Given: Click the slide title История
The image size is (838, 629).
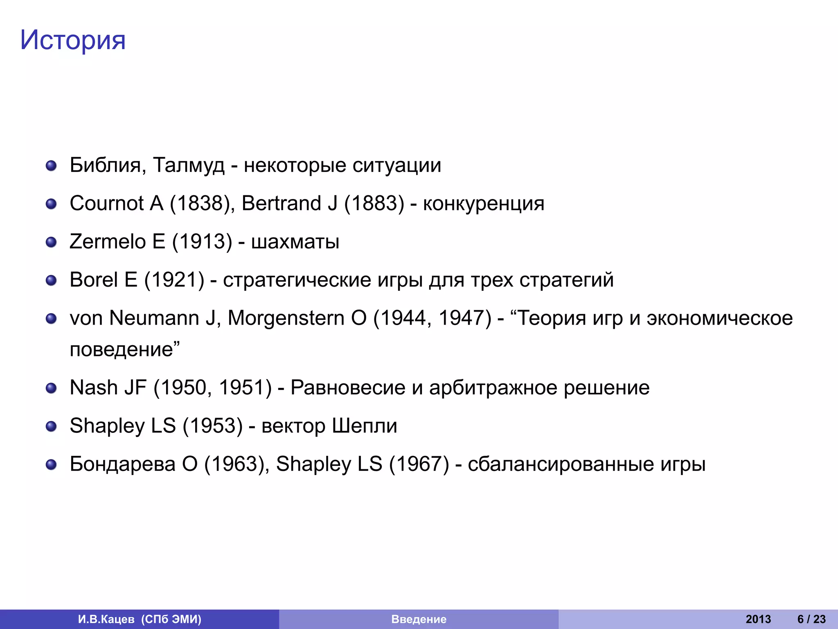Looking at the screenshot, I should (x=73, y=40).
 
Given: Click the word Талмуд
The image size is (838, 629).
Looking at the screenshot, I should (x=189, y=165).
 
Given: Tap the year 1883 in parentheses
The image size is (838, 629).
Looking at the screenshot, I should (x=374, y=203).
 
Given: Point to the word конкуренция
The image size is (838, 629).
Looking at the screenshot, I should (x=484, y=203).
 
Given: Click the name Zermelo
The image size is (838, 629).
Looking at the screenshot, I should (x=108, y=241).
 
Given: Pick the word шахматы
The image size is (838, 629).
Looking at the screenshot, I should (x=295, y=241).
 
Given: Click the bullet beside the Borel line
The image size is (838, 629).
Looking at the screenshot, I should (x=51, y=281).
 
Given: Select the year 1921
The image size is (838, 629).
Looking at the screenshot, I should (x=174, y=280).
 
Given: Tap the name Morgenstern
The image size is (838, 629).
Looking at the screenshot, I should (x=286, y=318).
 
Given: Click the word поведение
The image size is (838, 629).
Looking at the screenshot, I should (x=122, y=349).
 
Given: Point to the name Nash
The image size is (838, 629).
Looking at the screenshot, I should (x=94, y=387).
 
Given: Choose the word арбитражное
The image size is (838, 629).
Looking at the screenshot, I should (x=493, y=387).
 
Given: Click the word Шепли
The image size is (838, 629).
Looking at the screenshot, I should (x=364, y=425).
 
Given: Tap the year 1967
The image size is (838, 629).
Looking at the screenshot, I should (x=419, y=464).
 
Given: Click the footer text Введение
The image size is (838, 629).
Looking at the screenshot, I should (x=419, y=619).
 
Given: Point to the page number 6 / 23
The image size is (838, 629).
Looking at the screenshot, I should (x=811, y=619).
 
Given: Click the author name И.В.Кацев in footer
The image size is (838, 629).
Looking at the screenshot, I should (x=106, y=619).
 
